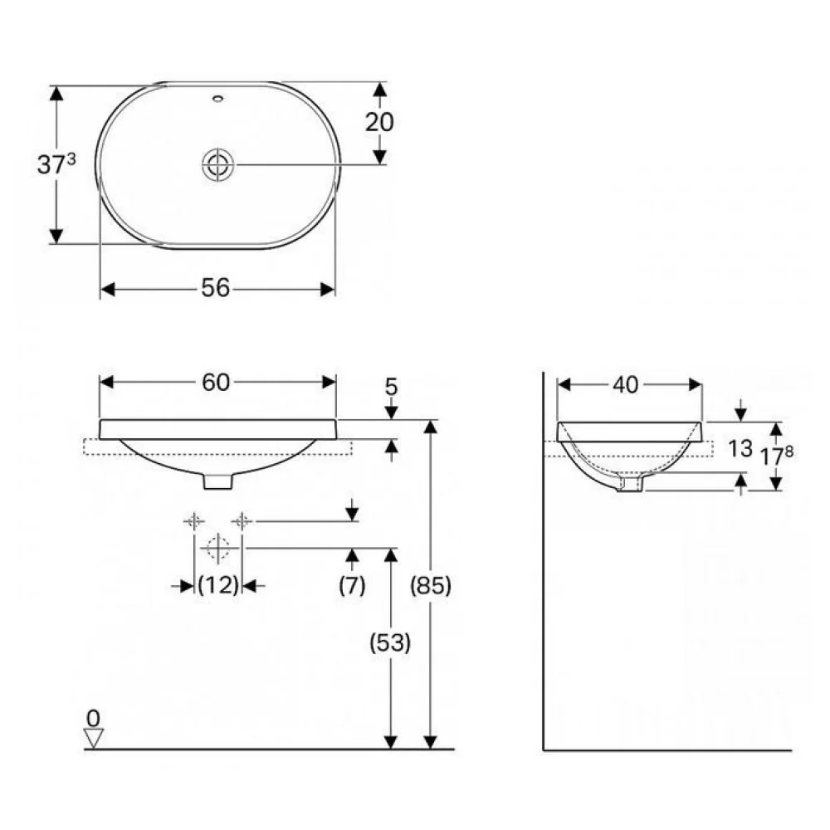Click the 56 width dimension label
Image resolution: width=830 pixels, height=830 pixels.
coord(216,289)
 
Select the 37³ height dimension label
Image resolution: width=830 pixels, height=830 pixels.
coord(56,164)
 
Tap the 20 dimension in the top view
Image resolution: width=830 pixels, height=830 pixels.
coord(379,122)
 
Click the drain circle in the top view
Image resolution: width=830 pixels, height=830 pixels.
coord(217,164)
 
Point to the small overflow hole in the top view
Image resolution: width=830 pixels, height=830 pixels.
coord(217,98)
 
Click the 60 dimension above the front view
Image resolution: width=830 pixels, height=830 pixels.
coord(216,382)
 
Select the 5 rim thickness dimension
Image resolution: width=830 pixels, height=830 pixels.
coord(391,387)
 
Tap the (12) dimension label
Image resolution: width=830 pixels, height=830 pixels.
coord(218,585)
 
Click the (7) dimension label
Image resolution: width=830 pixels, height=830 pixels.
coord(352,585)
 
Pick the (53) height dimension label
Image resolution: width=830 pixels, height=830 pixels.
coord(390,642)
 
